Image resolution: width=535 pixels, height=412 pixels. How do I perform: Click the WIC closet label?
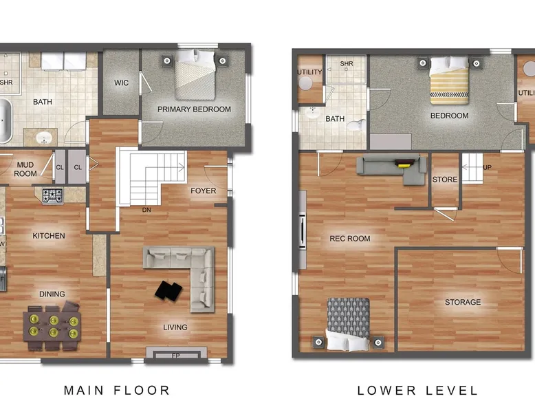click(122, 83)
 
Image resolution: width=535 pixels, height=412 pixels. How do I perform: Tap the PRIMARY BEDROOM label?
click(194, 109)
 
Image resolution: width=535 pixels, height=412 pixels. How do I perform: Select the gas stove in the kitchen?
click(52, 196)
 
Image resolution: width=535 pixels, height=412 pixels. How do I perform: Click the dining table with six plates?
click(52, 326)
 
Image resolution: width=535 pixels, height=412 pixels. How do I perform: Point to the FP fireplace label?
click(176, 356)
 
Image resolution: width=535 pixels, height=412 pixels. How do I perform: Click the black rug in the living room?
click(168, 291)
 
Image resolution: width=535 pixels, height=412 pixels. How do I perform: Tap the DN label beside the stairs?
click(146, 210)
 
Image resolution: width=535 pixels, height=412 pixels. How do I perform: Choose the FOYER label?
click(204, 191)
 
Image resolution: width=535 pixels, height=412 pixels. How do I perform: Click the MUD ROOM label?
click(25, 169)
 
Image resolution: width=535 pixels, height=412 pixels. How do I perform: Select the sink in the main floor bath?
click(44, 138)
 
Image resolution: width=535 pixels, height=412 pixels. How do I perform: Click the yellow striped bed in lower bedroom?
click(449, 80)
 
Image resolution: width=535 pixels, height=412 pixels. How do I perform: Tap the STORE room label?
click(445, 180)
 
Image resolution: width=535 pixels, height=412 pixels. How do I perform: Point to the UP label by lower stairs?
click(488, 167)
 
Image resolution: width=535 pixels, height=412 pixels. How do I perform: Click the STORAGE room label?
click(463, 302)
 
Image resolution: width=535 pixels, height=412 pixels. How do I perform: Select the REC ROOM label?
click(350, 239)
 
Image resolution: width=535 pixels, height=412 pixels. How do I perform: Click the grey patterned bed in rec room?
click(349, 324)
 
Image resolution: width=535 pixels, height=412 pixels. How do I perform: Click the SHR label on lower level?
click(347, 63)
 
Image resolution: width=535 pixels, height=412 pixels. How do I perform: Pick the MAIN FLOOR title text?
click(117, 390)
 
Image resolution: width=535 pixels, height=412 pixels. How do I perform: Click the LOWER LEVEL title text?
click(417, 391)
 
